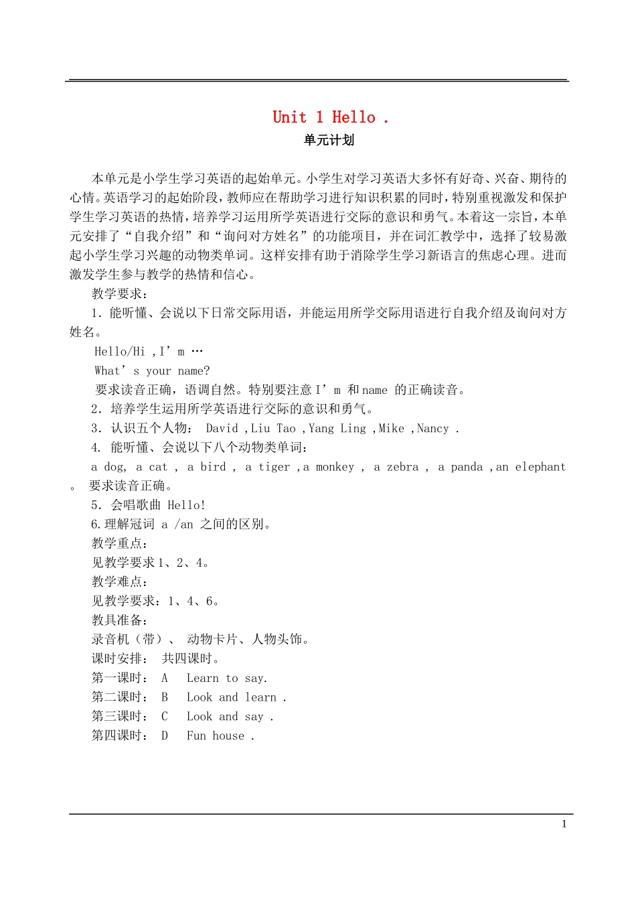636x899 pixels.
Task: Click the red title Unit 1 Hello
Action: pyautogui.click(x=330, y=118)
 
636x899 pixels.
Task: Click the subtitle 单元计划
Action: pyautogui.click(x=329, y=141)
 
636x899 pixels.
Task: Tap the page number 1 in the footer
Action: pyautogui.click(x=564, y=824)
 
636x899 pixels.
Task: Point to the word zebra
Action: pyautogui.click(x=402, y=468)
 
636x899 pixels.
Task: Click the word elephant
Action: pyautogui.click(x=540, y=468)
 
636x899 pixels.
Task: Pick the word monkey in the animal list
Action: pyautogui.click(x=335, y=468)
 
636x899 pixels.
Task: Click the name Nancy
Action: pyautogui.click(x=432, y=429)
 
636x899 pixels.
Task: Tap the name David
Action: pyautogui.click(x=222, y=429)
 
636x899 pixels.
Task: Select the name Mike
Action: pyautogui.click(x=391, y=429)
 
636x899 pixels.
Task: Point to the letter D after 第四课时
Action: pyautogui.click(x=165, y=736)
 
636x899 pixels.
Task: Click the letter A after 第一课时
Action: pyautogui.click(x=165, y=679)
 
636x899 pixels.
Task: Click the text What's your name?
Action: pyautogui.click(x=152, y=371)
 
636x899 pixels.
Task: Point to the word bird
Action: pyautogui.click(x=213, y=468)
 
